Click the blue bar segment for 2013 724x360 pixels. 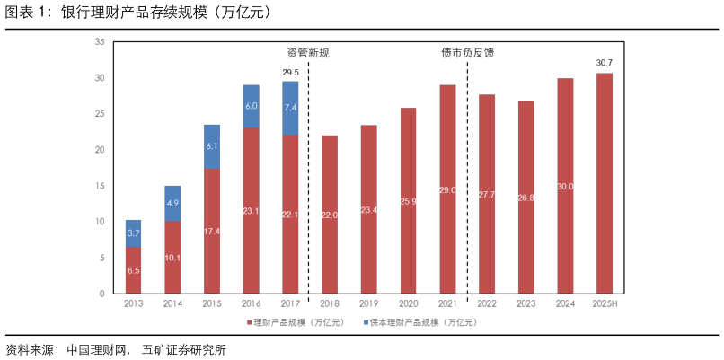[133, 233]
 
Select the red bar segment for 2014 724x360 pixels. [172, 257]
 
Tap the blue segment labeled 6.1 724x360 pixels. [212, 146]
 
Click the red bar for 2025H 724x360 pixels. [605, 183]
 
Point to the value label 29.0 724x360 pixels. [447, 190]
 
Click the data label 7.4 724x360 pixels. [290, 108]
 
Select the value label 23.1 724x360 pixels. [251, 211]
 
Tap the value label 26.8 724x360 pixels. [526, 198]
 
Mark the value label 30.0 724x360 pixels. [565, 187]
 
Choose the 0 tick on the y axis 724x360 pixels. [102, 294]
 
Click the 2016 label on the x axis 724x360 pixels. [251, 304]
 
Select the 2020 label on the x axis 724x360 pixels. [408, 304]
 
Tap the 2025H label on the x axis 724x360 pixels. [605, 304]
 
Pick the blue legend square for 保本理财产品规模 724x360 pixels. [366, 322]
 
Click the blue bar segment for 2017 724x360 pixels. [290, 108]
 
